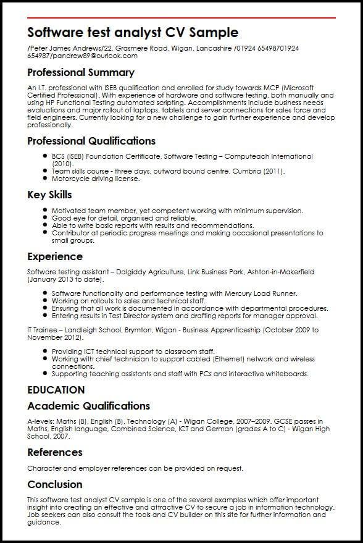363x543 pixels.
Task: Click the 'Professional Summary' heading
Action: coord(81,72)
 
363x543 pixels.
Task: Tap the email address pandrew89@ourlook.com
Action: coord(96,55)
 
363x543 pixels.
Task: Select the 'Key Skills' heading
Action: coord(49,195)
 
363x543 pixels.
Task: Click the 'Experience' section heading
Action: coord(55,256)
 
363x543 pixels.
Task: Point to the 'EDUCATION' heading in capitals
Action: coord(56,390)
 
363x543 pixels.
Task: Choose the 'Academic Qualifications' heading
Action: coord(88,406)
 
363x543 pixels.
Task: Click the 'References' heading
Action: coord(55,453)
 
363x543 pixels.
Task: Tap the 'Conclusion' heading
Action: coord(55,484)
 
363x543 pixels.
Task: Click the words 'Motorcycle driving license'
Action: coord(96,179)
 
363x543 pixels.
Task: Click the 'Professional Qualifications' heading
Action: coord(91,141)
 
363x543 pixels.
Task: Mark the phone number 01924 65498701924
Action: coord(270,48)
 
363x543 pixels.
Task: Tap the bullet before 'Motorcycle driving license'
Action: coord(45,179)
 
